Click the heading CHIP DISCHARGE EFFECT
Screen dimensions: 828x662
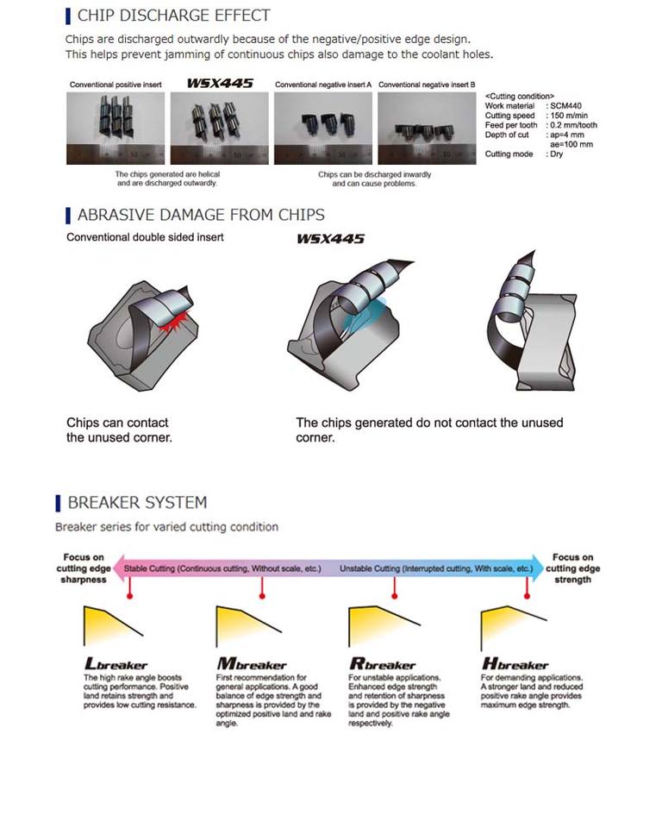click(173, 16)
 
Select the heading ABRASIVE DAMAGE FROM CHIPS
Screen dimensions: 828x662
click(201, 215)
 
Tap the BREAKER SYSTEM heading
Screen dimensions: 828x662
click(137, 502)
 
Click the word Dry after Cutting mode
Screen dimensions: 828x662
click(556, 154)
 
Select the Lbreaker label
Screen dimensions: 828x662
click(116, 665)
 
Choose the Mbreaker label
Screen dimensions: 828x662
click(252, 665)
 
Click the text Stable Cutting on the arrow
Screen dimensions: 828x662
click(152, 569)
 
